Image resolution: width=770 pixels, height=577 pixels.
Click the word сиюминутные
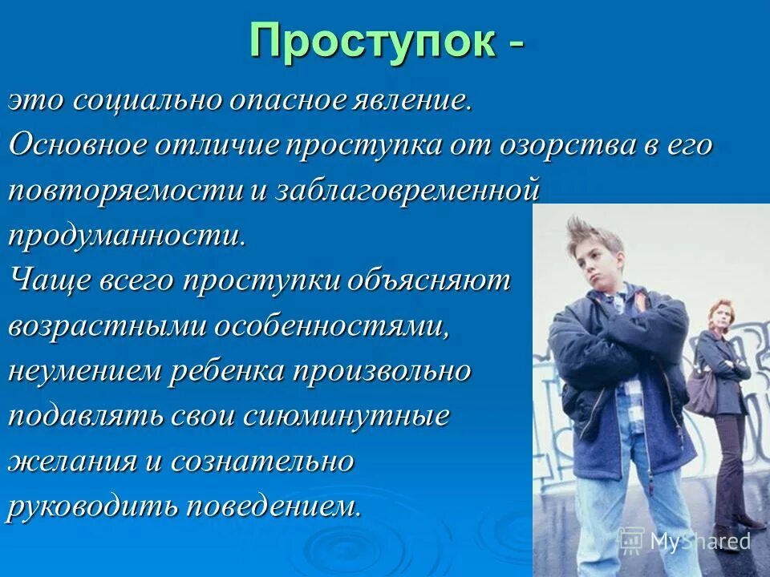coord(357,417)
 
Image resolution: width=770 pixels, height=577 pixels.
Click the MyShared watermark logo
coord(685,541)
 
